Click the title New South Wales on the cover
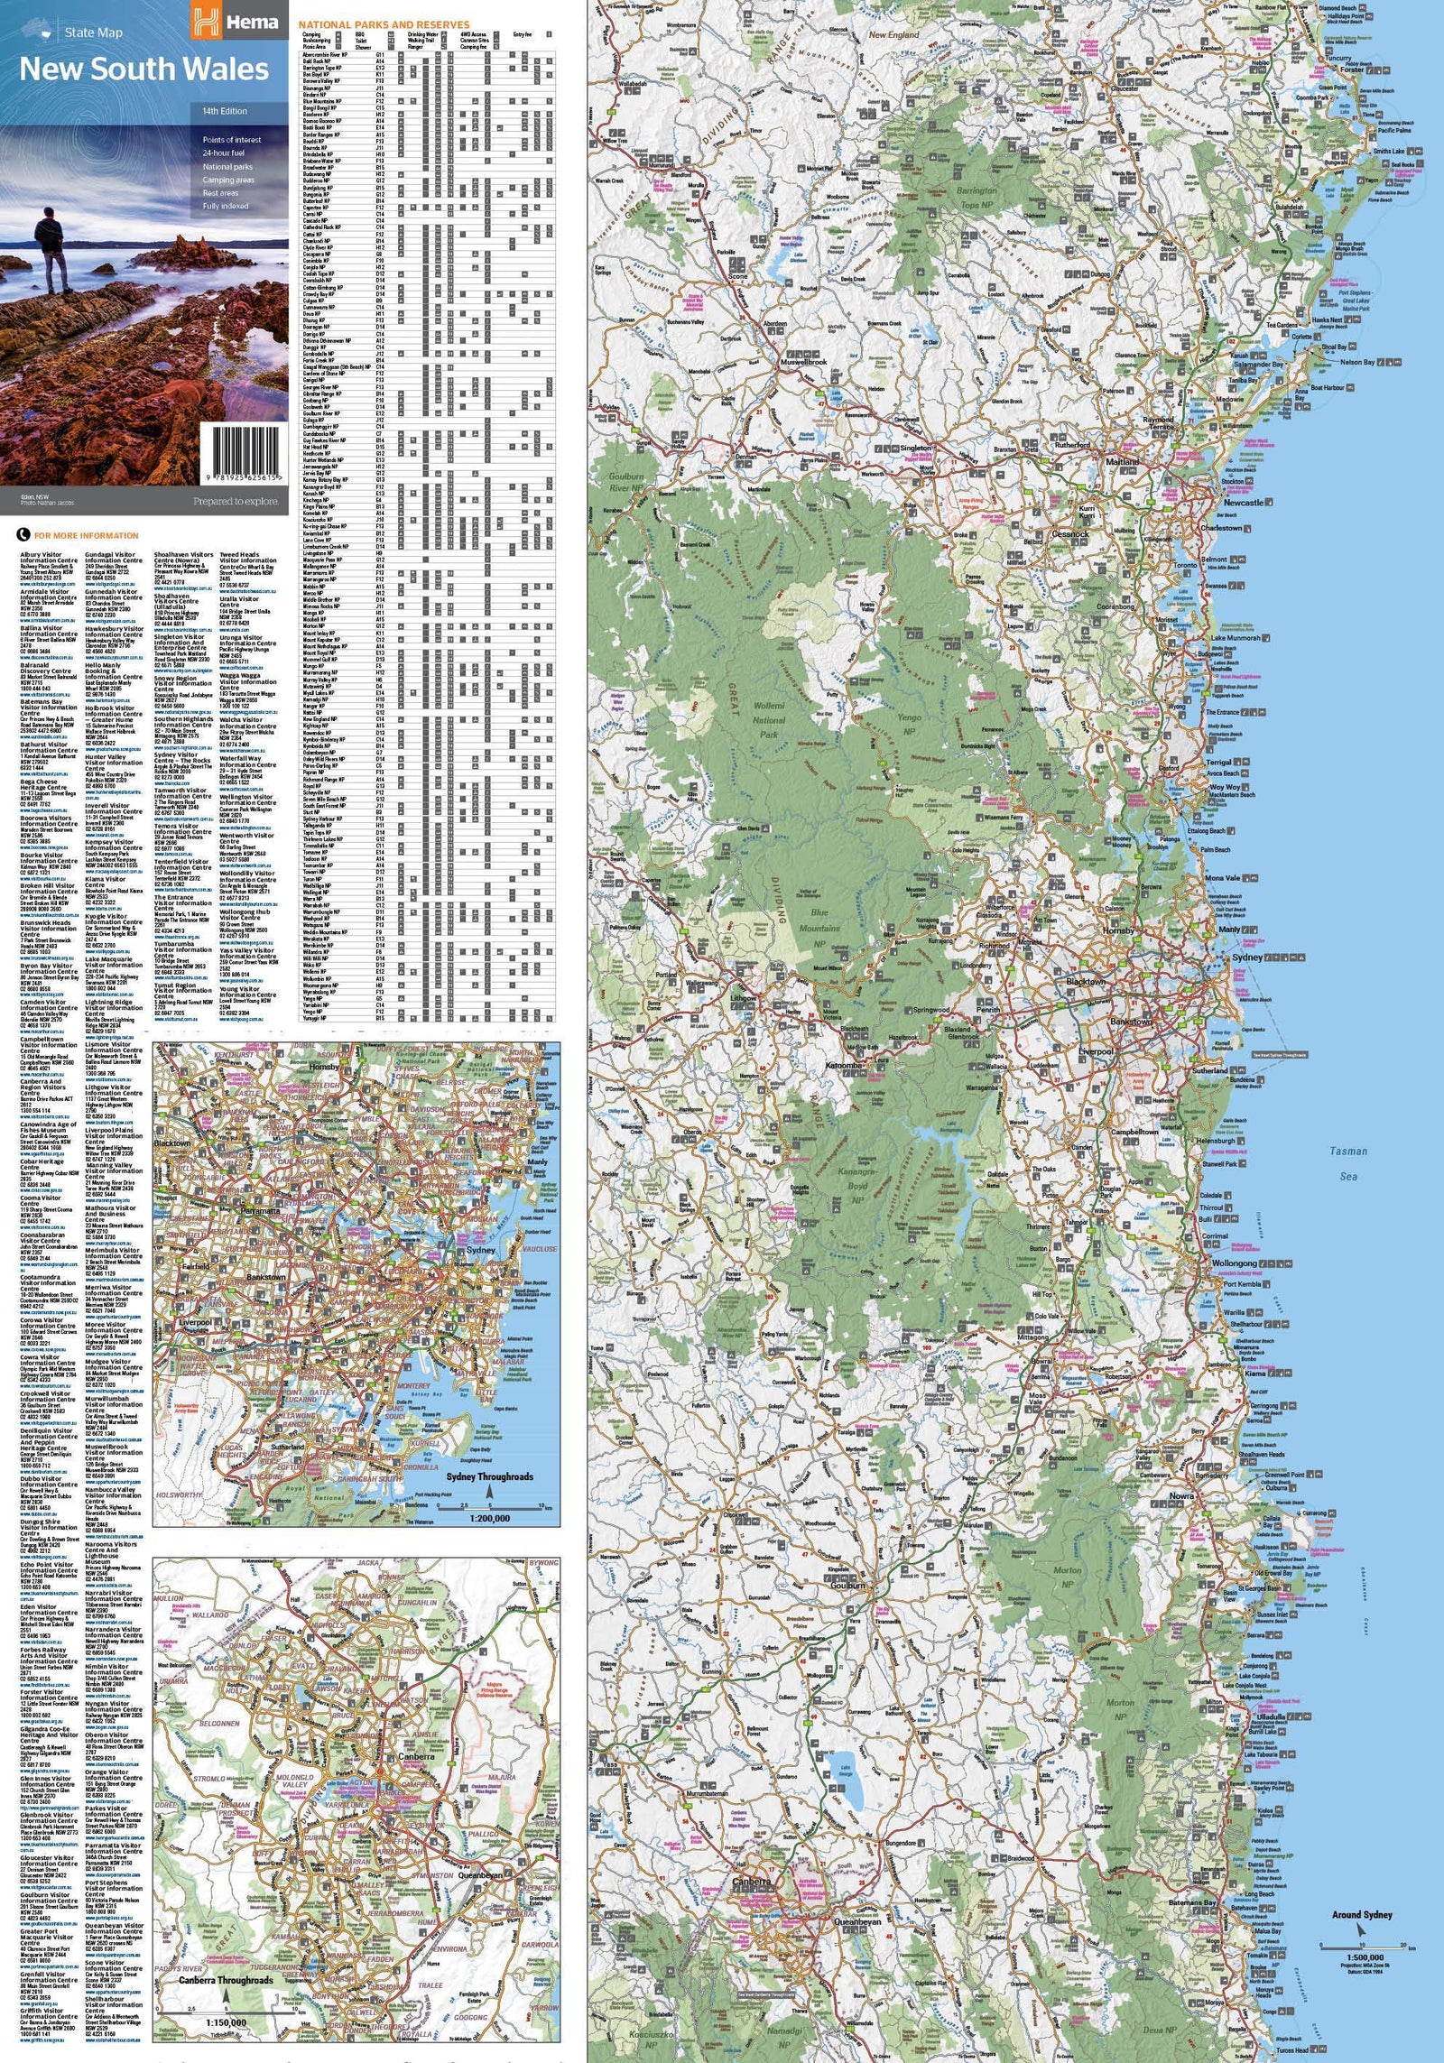click(144, 69)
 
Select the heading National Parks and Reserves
click(384, 24)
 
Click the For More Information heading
click(86, 536)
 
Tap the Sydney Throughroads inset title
click(490, 1476)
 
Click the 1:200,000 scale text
click(489, 1518)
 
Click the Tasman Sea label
click(1348, 1163)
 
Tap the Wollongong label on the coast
click(1234, 1263)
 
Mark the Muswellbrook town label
click(803, 362)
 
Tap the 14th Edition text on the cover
click(225, 111)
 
